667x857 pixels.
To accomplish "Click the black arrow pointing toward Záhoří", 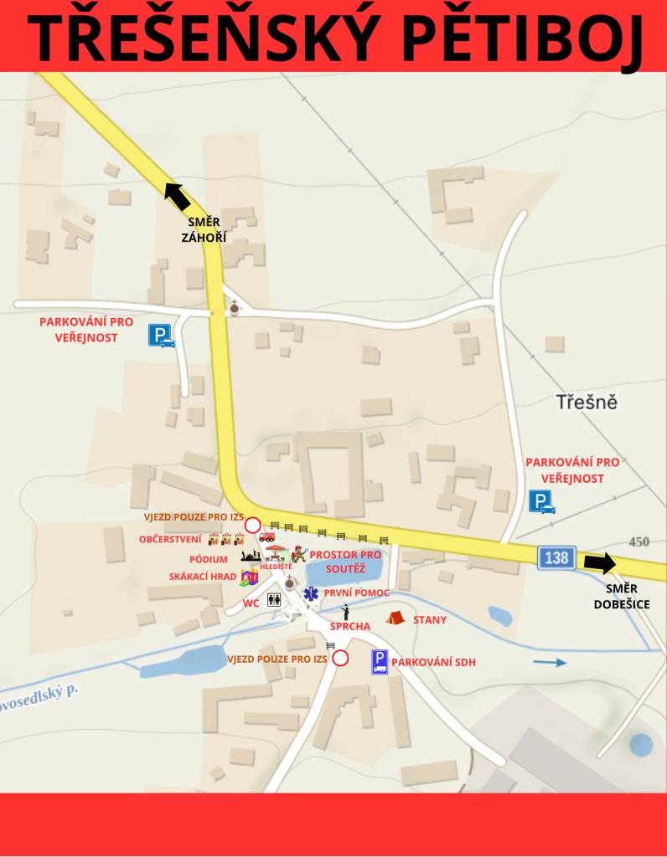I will [177, 196].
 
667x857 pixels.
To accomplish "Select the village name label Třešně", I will [587, 402].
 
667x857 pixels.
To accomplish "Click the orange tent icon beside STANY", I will [395, 618].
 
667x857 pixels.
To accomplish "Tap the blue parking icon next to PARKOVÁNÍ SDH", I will [380, 662].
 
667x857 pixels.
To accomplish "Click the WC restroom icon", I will [274, 599].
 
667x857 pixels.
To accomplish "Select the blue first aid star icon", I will [311, 593].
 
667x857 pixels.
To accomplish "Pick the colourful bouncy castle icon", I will [249, 576].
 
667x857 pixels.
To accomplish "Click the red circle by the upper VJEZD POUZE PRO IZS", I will [252, 525].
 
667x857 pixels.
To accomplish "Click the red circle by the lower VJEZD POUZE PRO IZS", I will [339, 659].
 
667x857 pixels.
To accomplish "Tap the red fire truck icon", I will [266, 536].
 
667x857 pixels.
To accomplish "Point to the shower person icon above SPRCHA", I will [344, 612].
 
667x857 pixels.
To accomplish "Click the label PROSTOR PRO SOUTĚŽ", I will [344, 561].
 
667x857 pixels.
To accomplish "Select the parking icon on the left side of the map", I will [161, 336].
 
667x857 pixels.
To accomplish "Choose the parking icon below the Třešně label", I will [541, 502].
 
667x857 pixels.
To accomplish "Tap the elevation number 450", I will [639, 541].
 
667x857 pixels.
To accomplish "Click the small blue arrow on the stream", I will [550, 663].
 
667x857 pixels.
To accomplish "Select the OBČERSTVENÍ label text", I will [170, 540].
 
